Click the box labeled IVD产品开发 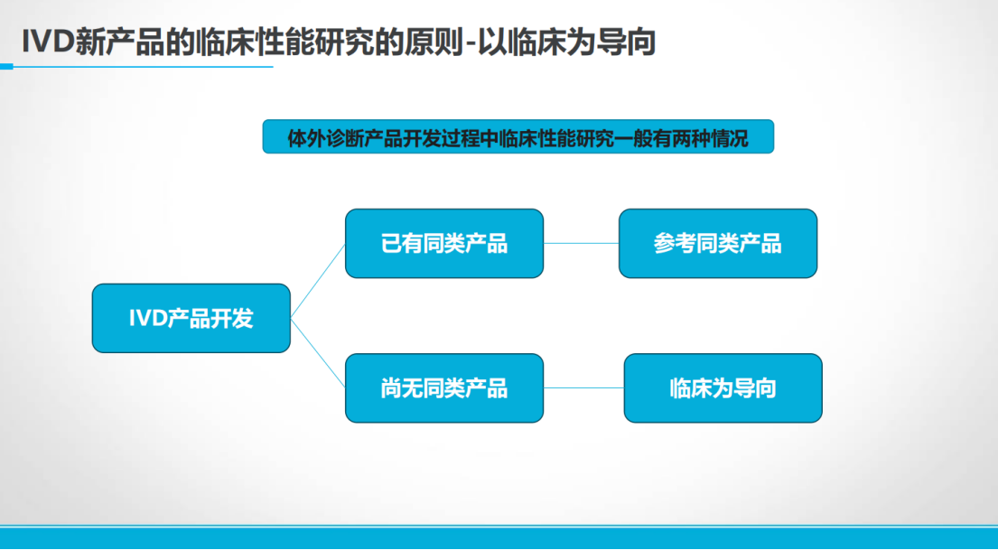[x=191, y=318]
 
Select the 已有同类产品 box [x=444, y=243]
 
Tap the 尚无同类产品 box [x=444, y=387]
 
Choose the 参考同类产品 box [x=718, y=243]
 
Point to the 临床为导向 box [x=723, y=387]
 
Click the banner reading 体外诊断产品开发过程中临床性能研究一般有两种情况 [x=518, y=137]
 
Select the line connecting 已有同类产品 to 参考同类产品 [x=581, y=243]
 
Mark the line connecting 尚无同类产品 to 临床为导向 [x=583, y=387]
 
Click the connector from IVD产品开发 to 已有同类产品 [x=318, y=281]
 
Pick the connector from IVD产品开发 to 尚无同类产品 [x=318, y=352]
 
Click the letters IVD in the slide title [x=47, y=42]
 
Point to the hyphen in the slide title [x=467, y=44]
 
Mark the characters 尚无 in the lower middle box [x=402, y=387]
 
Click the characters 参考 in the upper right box [x=675, y=243]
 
